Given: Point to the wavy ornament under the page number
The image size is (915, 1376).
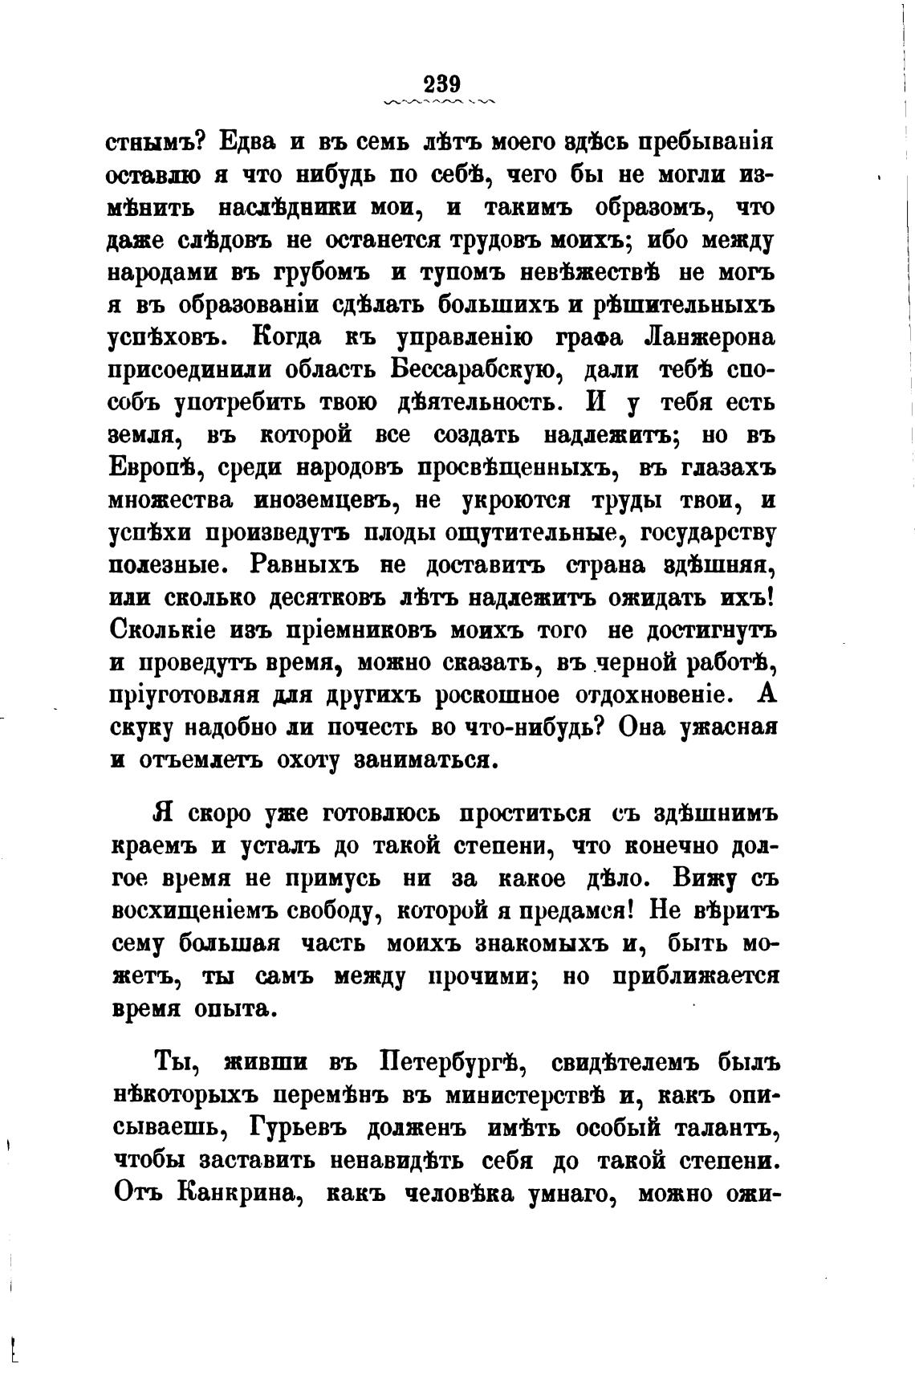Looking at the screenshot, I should click(x=440, y=103).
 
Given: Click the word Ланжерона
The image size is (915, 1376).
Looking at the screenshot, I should click(x=710, y=337).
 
